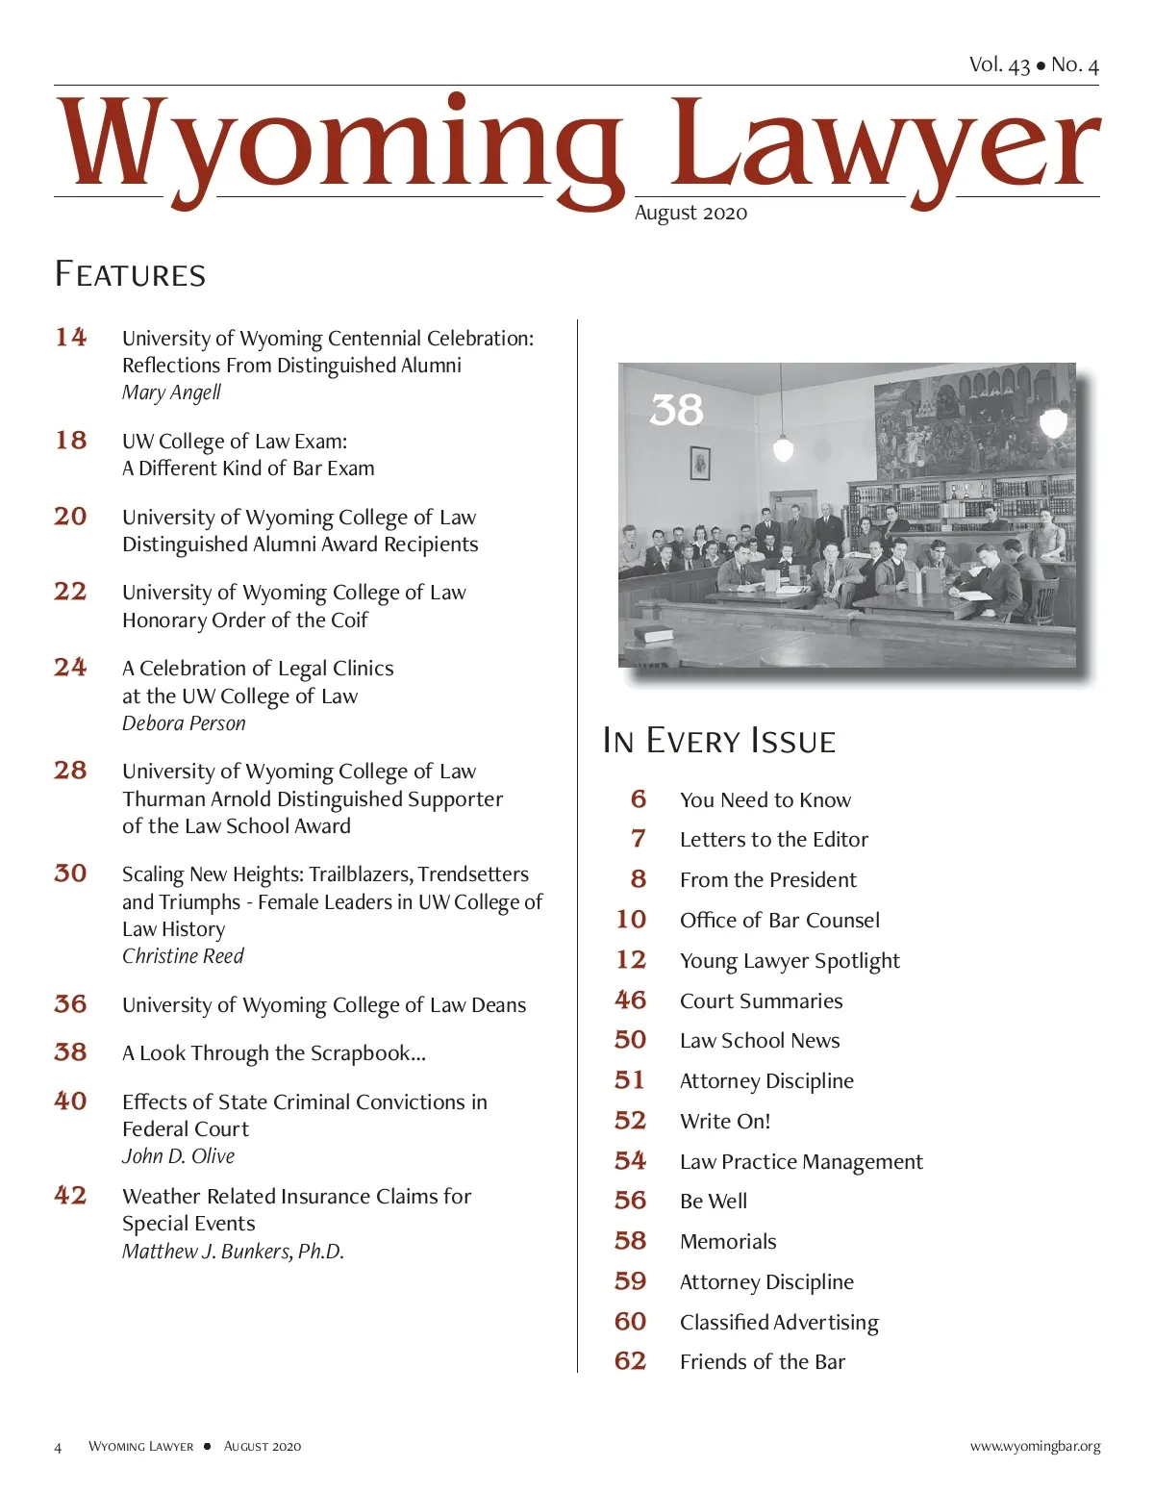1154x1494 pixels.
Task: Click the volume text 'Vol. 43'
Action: pos(999,64)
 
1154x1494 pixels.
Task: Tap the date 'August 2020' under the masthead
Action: pos(690,214)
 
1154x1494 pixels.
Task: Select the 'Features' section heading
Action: pos(130,275)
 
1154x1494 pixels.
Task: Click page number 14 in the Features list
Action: pos(71,337)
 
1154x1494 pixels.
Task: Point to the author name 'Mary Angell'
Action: pos(171,392)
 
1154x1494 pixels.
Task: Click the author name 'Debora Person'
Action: pos(184,723)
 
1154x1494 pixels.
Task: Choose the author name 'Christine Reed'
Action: pos(183,956)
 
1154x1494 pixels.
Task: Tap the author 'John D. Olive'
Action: pos(178,1156)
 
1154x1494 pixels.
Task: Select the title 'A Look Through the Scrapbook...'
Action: pos(274,1053)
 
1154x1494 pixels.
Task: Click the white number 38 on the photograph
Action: pos(677,410)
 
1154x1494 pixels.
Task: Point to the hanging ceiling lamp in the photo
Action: pos(783,445)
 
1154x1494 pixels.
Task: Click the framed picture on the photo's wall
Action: pos(700,463)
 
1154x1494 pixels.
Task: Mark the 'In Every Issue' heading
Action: pos(719,741)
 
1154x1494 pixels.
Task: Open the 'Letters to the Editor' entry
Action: pos(773,840)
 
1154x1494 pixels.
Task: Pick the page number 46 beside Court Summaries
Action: pos(631,1000)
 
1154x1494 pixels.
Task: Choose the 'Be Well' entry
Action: pos(714,1202)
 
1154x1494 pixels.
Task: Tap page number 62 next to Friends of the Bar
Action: pos(631,1361)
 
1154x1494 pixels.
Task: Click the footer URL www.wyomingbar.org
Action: pos(1035,1447)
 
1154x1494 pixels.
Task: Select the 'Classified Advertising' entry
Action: pos(779,1323)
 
